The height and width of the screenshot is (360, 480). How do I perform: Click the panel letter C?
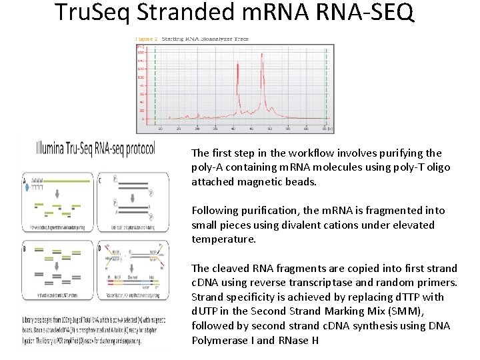pyautogui.click(x=101, y=179)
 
